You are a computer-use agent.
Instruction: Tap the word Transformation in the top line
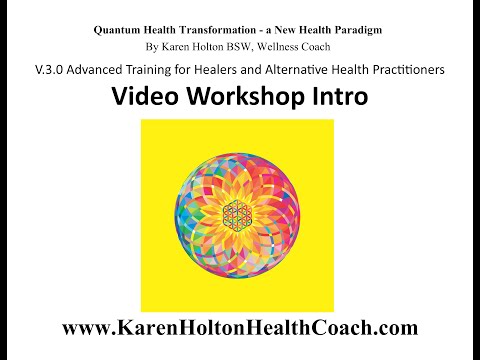(218, 30)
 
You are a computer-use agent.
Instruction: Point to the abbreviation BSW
(238, 47)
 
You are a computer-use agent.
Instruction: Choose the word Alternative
(297, 70)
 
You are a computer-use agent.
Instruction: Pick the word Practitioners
(409, 70)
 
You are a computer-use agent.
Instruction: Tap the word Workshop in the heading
(246, 97)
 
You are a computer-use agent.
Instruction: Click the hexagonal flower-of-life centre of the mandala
(237, 213)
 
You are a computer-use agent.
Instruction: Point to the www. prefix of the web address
(87, 328)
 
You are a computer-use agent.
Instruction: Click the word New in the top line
(286, 30)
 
